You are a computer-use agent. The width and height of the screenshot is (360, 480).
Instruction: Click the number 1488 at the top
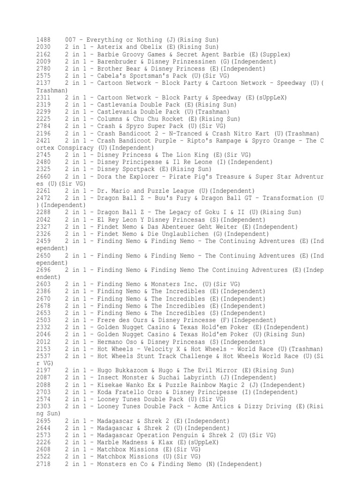[44, 40]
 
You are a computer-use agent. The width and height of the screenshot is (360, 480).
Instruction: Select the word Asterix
[110, 47]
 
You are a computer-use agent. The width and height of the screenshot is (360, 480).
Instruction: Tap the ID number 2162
[44, 54]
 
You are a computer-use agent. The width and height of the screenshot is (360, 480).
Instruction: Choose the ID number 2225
[44, 119]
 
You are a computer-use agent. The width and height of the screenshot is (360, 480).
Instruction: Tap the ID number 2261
[44, 191]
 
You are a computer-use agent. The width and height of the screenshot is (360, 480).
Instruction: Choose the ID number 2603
[44, 284]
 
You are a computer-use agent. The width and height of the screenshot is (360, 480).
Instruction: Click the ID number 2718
[44, 464]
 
